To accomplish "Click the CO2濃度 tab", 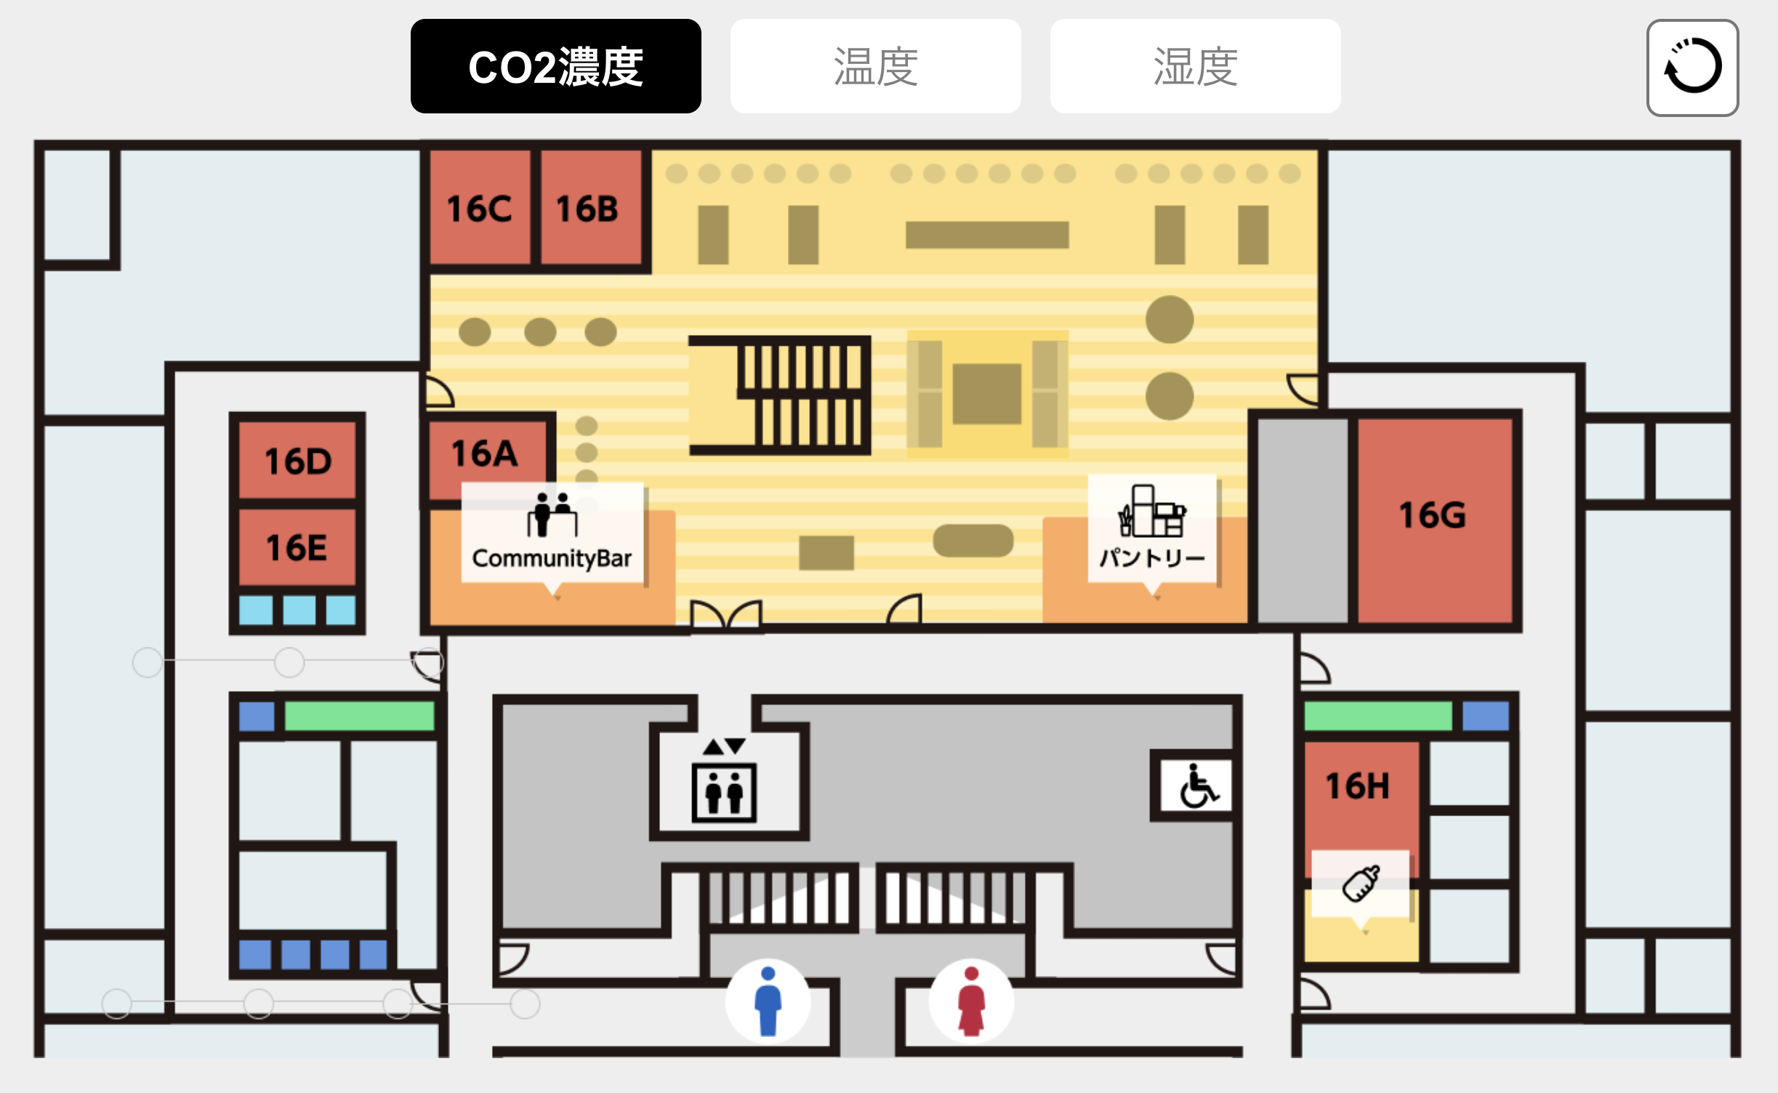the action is point(555,66).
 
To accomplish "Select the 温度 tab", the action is point(875,66).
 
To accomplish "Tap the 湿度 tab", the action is point(1195,66).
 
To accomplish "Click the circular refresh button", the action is point(1692,68).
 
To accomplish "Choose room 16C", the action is point(479,209).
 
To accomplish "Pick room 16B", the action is point(588,209).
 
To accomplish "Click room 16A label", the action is point(485,453).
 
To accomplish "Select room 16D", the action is point(298,460).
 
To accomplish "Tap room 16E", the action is point(297,546).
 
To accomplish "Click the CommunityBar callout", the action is point(552,533).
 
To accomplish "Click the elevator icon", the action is point(724,791).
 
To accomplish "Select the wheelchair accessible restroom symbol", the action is point(1196,785).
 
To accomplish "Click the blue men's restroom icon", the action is point(768,1001).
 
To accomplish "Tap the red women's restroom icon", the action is point(971,1001).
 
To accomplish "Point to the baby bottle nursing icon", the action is point(1361,883).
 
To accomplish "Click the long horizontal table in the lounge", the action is point(987,235).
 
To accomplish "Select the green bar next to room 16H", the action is point(1377,716).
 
